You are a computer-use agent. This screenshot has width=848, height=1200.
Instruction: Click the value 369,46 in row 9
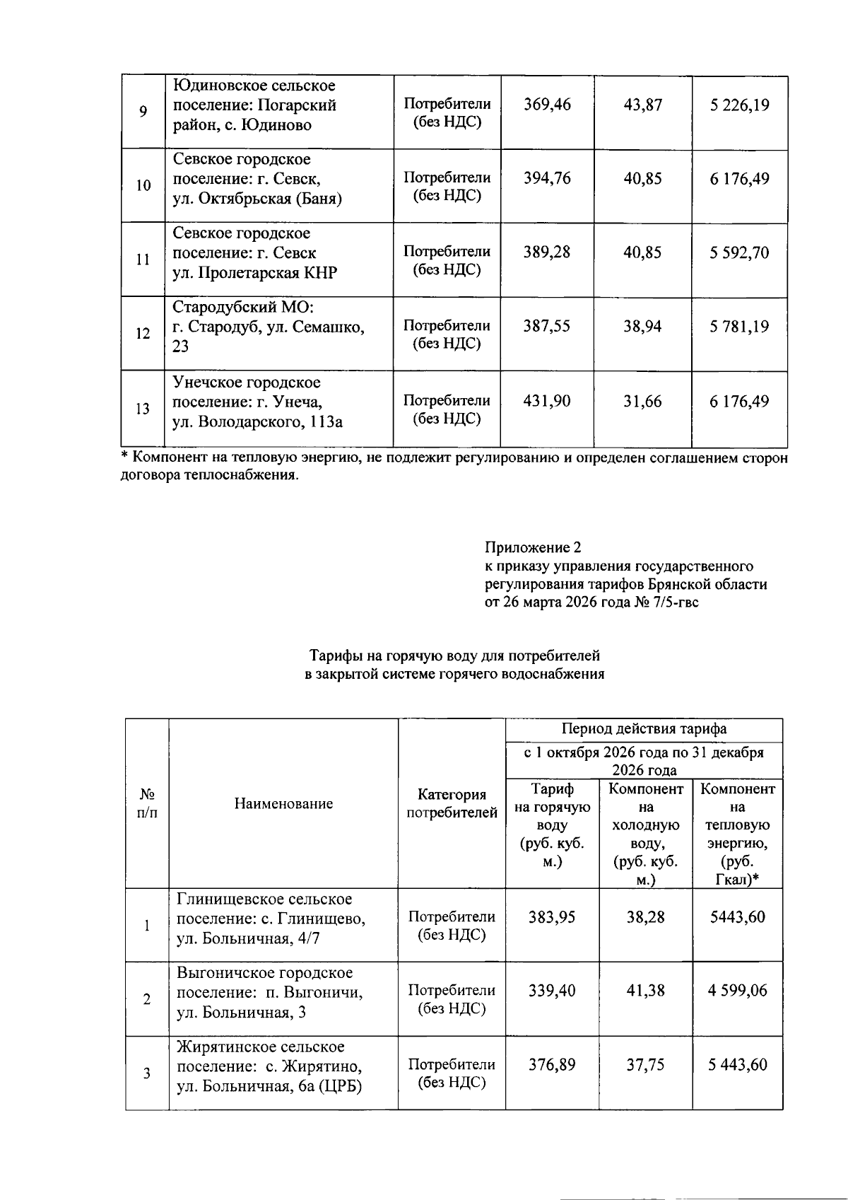tap(547, 105)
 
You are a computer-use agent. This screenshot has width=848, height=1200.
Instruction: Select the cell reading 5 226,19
tap(739, 105)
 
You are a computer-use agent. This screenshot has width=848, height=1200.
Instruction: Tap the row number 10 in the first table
tap(143, 186)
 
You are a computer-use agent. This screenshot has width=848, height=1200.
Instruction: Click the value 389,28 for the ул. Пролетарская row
tap(547, 252)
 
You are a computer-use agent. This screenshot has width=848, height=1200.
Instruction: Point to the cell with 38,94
tap(642, 327)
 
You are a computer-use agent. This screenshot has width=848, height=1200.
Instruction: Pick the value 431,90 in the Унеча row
tap(547, 401)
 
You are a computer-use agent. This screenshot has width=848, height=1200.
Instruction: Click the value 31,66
tap(642, 401)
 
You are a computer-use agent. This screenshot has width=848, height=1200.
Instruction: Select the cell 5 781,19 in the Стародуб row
tap(739, 327)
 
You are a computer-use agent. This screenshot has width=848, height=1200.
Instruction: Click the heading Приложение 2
tap(532, 547)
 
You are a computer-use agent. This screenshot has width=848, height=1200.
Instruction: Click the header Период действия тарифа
tap(644, 728)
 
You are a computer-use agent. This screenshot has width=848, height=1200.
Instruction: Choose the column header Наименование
tap(283, 803)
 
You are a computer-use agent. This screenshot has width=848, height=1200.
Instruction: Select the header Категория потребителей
tap(452, 803)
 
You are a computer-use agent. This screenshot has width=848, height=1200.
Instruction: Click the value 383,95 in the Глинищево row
tap(552, 917)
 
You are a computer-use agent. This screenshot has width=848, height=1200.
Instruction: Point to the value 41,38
tap(645, 991)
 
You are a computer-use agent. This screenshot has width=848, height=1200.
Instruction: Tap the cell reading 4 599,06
tap(737, 991)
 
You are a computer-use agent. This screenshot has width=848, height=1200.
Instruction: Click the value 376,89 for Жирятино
tap(552, 1065)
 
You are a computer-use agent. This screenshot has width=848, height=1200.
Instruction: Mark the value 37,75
tap(645, 1065)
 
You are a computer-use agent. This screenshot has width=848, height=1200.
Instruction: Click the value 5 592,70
tap(739, 252)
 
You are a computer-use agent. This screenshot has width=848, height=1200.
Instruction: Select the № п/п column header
tap(147, 803)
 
